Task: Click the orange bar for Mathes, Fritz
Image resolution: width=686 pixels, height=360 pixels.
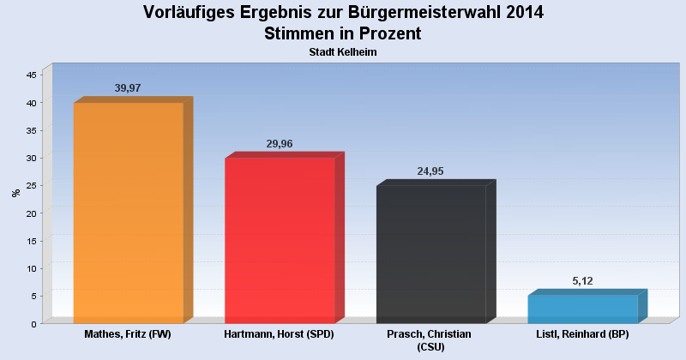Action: click(129, 213)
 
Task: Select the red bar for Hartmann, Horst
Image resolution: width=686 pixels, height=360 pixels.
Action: click(280, 240)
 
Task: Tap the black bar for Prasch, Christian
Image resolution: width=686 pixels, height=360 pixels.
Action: click(431, 254)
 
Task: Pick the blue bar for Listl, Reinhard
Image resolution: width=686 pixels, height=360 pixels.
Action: click(582, 309)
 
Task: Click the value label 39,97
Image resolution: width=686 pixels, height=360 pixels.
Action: click(128, 88)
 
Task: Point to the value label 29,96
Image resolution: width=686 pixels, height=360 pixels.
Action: click(280, 144)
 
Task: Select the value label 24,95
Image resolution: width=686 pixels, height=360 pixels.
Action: click(430, 171)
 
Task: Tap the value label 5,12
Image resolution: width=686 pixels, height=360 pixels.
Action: click(582, 281)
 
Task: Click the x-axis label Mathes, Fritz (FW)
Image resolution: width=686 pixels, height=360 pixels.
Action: click(129, 333)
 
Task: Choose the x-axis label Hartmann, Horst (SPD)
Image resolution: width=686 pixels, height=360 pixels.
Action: click(279, 333)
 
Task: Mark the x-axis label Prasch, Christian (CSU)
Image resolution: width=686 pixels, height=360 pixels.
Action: click(430, 339)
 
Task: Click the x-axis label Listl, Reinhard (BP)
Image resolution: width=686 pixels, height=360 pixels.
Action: click(582, 333)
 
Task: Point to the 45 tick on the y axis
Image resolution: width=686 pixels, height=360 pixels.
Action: click(31, 75)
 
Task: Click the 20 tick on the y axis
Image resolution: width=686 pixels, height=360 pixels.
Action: click(31, 213)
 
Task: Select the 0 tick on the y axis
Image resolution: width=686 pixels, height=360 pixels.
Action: click(33, 324)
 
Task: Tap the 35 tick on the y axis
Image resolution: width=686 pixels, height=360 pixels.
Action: click(31, 130)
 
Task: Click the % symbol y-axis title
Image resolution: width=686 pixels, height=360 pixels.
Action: click(15, 193)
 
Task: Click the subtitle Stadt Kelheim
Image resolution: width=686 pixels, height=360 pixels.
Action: click(343, 52)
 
